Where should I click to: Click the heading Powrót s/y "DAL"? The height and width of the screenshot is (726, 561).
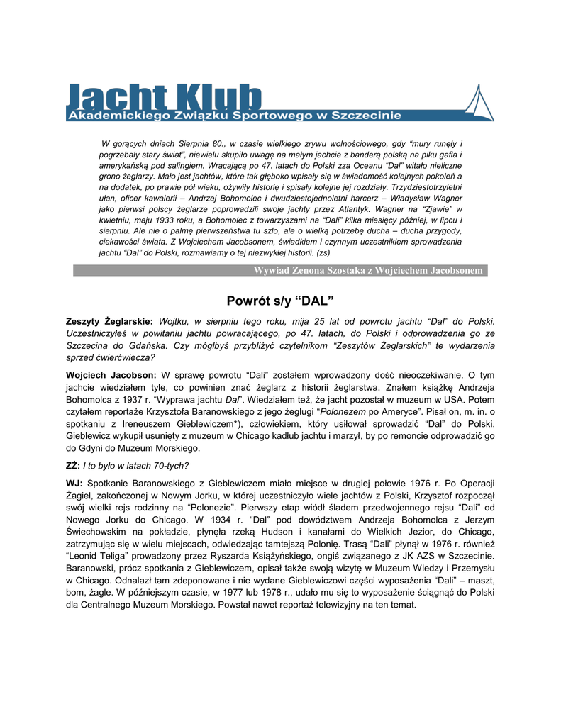280,299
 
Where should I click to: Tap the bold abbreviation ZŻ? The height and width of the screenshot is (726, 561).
73,466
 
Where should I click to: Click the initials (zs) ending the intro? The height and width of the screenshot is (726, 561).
323,252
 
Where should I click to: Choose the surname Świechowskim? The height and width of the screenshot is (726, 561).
101,531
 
